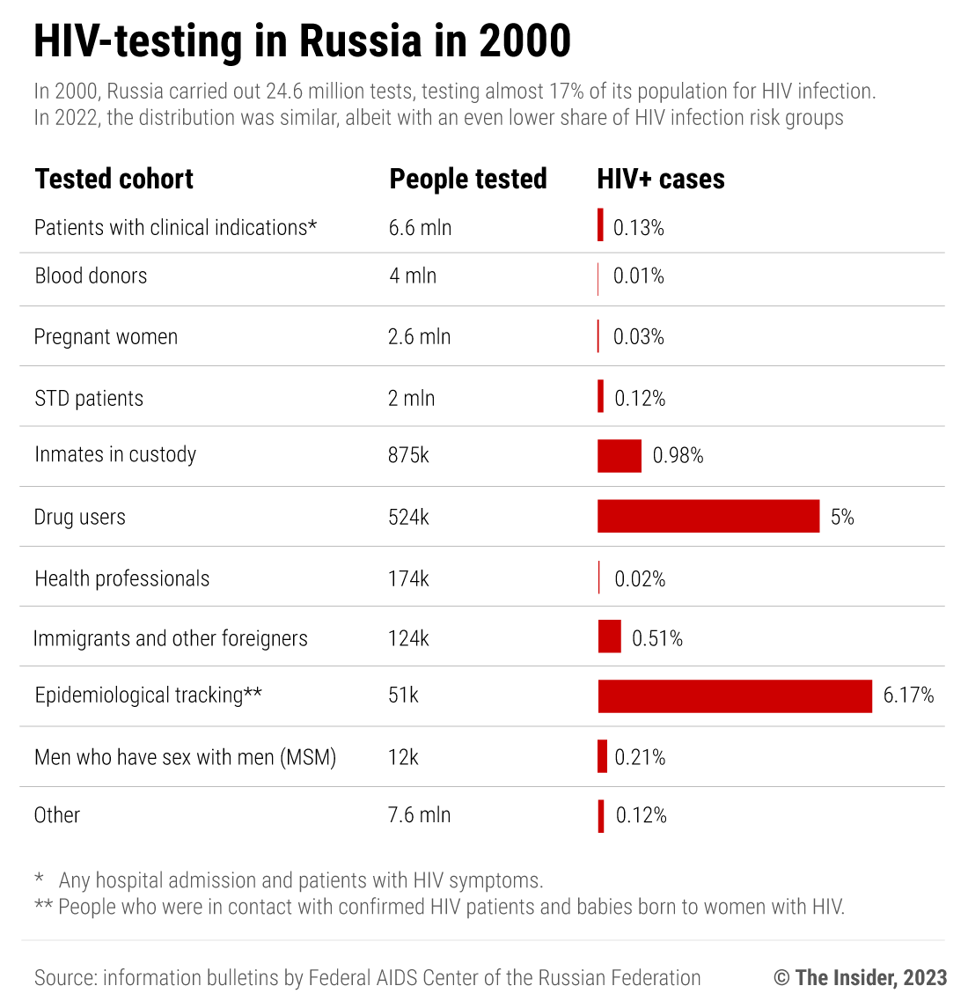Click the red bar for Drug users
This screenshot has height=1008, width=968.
point(708,516)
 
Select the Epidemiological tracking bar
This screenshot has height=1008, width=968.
point(735,695)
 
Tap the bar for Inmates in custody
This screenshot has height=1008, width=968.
point(620,456)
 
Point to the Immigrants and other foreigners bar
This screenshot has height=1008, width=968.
point(609,636)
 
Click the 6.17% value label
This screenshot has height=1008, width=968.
point(908,695)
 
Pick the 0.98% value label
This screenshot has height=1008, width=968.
point(678,456)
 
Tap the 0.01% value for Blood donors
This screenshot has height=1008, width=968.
point(639,276)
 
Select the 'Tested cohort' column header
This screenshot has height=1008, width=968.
point(114,179)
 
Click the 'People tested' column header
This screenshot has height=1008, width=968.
point(468,179)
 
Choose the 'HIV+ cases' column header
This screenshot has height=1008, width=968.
point(661,179)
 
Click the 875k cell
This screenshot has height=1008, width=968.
point(408,455)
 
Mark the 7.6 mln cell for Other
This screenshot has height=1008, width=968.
point(419,815)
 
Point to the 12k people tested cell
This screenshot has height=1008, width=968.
point(403,757)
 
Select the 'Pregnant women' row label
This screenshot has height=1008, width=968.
point(106,337)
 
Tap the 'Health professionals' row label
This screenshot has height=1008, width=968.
point(122,578)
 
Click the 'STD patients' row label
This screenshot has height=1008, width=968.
point(89,399)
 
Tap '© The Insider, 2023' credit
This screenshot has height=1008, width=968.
point(860,977)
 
